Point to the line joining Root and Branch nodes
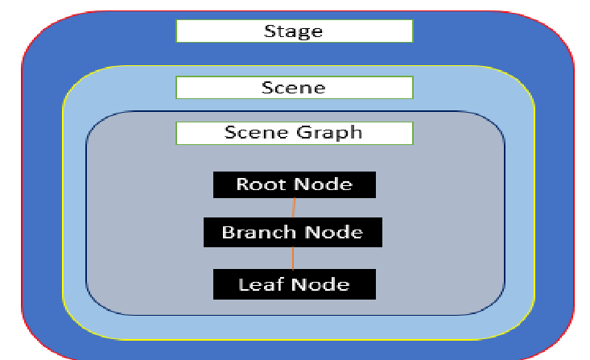(294, 207)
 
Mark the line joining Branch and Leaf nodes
(293, 259)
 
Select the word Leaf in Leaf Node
(260, 284)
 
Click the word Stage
(293, 31)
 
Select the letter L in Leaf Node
(243, 284)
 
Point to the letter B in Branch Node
(228, 233)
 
